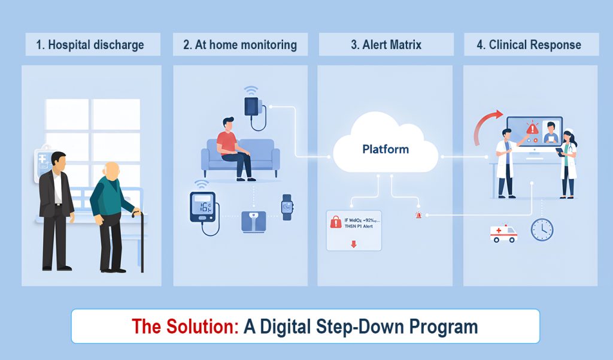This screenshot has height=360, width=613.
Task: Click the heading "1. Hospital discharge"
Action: click(x=90, y=45)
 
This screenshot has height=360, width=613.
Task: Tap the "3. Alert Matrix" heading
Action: click(x=386, y=45)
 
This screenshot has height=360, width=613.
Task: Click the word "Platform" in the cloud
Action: click(x=386, y=149)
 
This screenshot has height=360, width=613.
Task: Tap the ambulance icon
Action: click(x=503, y=233)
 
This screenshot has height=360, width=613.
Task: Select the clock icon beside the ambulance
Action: click(x=542, y=229)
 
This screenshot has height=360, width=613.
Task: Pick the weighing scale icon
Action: click(x=254, y=220)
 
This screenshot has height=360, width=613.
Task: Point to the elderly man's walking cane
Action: click(x=141, y=240)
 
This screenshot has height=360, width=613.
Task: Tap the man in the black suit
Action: click(x=56, y=210)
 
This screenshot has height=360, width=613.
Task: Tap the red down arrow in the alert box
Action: click(x=353, y=244)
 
